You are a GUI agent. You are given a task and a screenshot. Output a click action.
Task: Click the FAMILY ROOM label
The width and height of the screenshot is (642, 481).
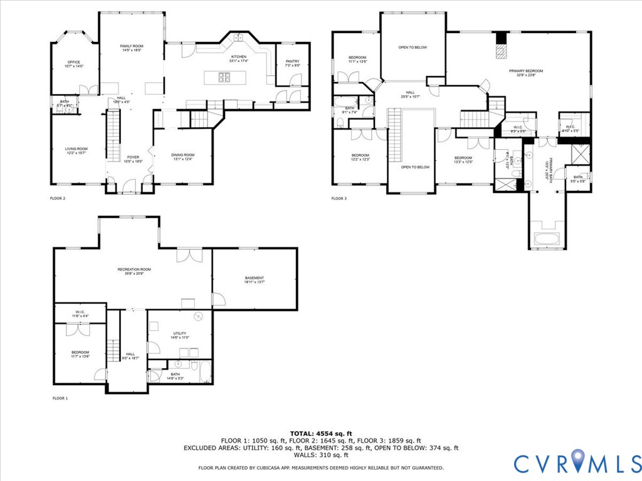click(x=132, y=46)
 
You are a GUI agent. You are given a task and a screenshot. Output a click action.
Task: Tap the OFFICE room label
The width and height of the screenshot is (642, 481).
click(x=74, y=62)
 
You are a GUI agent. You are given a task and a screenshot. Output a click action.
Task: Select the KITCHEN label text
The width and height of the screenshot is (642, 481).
click(x=238, y=57)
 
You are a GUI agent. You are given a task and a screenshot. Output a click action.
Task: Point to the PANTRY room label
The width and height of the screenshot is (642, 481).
click(x=293, y=61)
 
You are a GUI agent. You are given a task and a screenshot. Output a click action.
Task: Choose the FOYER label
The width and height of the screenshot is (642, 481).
click(x=134, y=157)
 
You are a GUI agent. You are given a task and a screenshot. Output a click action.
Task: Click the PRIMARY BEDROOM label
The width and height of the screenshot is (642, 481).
click(x=525, y=71)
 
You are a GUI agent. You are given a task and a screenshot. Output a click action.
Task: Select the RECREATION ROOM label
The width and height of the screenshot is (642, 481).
click(x=134, y=269)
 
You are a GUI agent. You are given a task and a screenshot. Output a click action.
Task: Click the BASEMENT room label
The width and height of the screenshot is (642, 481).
click(x=254, y=278)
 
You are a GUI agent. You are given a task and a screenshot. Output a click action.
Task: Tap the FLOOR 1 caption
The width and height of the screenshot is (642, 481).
click(x=60, y=398)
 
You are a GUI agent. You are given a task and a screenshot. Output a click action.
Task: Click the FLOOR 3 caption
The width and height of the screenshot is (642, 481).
click(x=339, y=199)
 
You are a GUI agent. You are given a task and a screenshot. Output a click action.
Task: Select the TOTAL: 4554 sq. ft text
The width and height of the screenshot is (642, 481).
click(x=320, y=433)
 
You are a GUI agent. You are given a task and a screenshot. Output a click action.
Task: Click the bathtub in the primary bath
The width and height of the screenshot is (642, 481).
click(x=547, y=239)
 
